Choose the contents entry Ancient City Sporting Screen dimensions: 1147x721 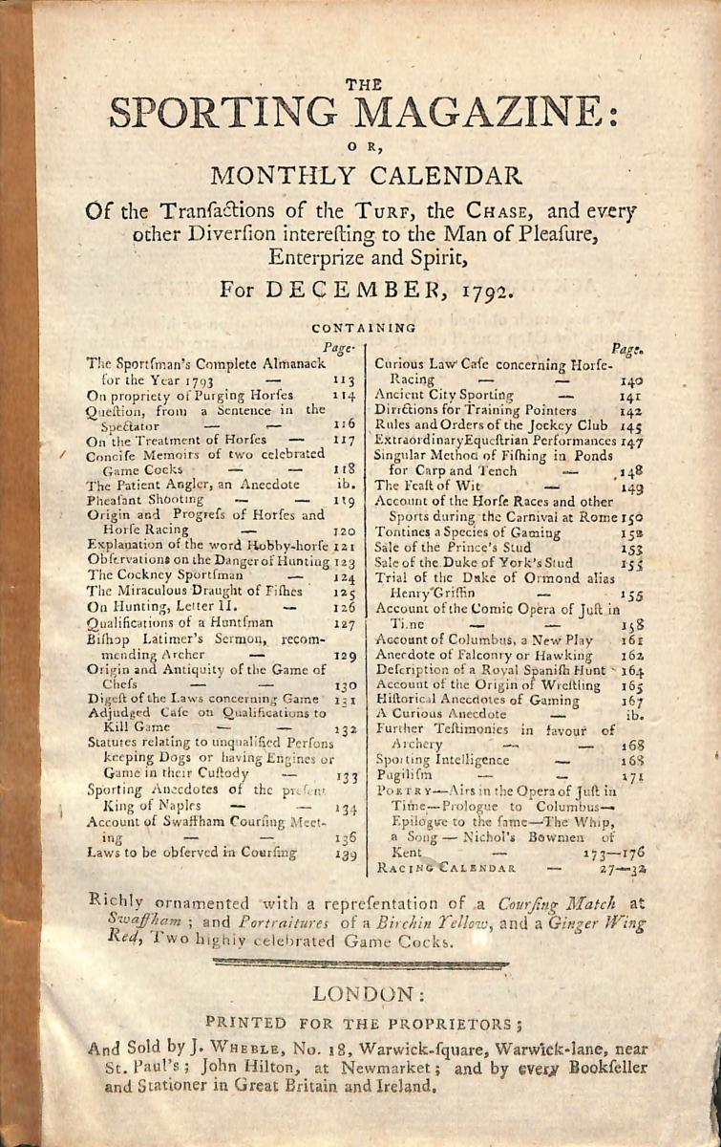[445, 394]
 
